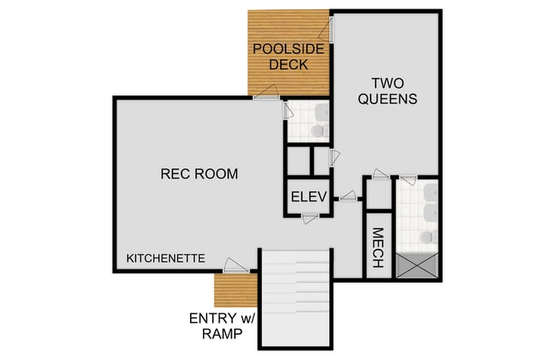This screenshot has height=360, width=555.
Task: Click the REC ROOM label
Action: [x=198, y=174]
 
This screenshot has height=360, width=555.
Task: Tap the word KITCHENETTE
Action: [x=165, y=258]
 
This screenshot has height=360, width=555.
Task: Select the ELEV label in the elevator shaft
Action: [x=309, y=197]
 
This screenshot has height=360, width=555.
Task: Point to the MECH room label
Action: [x=377, y=248]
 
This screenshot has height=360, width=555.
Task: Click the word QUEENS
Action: [x=387, y=99]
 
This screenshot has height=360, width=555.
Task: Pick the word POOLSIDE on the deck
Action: [x=289, y=49]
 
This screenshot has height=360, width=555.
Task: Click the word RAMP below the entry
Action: [x=224, y=334]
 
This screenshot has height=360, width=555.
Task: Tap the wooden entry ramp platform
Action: [x=233, y=289]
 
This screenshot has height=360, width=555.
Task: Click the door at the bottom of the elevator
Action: [x=310, y=219]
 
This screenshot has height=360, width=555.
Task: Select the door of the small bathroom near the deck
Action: [x=286, y=111]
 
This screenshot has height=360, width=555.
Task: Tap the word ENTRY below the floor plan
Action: [x=217, y=318]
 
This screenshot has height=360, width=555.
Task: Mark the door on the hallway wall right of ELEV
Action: [x=348, y=197]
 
